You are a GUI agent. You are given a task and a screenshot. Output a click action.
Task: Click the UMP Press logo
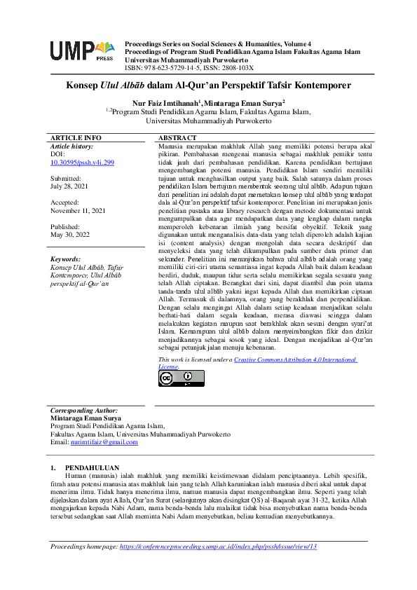pos(81,51)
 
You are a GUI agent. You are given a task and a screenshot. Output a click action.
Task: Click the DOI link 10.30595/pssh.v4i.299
pos(81,162)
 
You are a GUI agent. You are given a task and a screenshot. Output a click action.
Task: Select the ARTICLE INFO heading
pos(75,137)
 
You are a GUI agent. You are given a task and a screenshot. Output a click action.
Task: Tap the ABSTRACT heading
pos(177,137)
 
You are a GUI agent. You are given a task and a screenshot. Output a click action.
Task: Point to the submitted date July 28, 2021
pos(70,187)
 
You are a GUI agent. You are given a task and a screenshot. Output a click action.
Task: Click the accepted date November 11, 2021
pos(78,210)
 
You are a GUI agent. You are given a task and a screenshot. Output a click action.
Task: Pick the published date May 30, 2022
pos(71,235)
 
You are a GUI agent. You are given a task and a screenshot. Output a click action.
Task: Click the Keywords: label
pos(66,259)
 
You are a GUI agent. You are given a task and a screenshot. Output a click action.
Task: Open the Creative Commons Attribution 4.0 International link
pos(294,359)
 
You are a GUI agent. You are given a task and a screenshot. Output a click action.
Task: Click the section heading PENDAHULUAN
pos(92,467)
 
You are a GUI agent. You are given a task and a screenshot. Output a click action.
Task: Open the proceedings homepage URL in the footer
pos(219,546)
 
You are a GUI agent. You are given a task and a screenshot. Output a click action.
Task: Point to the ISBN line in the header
pos(189,68)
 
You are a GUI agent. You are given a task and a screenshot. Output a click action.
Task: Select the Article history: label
pos(72,146)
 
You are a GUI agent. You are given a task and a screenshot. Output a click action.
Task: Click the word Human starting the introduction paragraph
pos(74,475)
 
